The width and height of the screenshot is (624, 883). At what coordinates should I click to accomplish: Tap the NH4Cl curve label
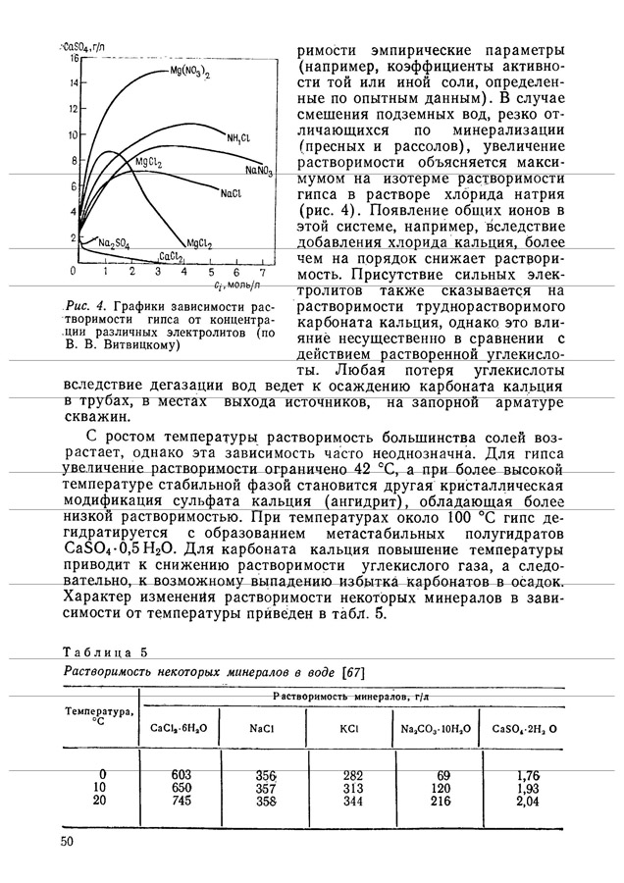[x=239, y=137]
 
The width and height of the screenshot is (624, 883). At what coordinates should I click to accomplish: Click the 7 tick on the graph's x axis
[x=261, y=271]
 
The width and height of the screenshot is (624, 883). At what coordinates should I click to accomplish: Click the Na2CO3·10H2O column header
[x=437, y=729]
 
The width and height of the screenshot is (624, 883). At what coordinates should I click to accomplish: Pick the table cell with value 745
[x=181, y=802]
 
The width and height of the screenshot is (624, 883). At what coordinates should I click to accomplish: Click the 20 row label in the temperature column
[x=98, y=802]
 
